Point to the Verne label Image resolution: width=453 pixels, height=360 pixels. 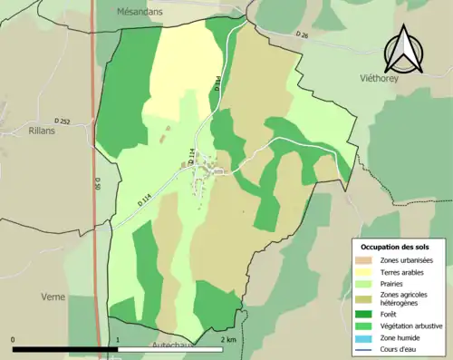click(x=53, y=297)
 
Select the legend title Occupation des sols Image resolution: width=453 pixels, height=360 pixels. click(x=395, y=247)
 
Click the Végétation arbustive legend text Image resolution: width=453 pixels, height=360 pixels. click(x=408, y=326)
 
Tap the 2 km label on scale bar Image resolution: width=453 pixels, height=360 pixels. click(x=228, y=340)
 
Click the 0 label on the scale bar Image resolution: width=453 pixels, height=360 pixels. click(x=13, y=340)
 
